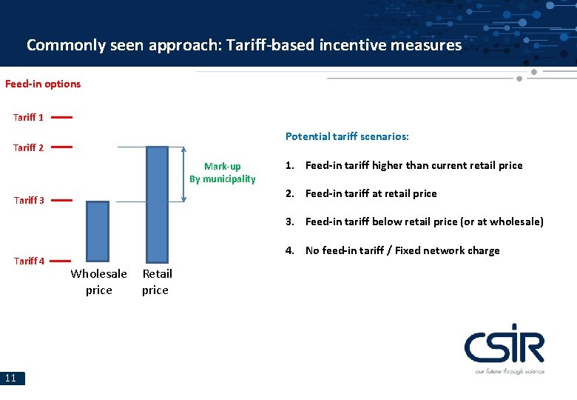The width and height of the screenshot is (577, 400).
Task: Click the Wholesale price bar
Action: pyautogui.click(x=98, y=230)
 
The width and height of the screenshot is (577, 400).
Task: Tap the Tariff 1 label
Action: pyautogui.click(x=28, y=117)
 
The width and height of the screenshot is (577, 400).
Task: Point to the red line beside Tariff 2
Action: pyautogui.click(x=61, y=147)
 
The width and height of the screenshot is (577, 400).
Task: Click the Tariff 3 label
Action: pyautogui.click(x=28, y=200)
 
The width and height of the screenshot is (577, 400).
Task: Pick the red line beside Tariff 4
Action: pyautogui.click(x=61, y=260)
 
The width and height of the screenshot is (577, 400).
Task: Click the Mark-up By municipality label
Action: pyautogui.click(x=222, y=173)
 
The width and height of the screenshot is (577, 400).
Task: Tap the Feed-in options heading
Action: pyautogui.click(x=43, y=84)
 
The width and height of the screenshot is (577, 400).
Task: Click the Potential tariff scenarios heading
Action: pyautogui.click(x=347, y=136)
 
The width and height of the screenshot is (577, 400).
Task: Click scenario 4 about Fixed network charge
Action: pyautogui.click(x=393, y=250)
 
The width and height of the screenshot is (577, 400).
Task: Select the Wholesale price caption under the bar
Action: pyautogui.click(x=98, y=281)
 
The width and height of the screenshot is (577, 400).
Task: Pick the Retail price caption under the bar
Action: pyautogui.click(x=156, y=281)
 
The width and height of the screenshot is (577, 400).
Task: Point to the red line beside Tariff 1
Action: pyautogui.click(x=61, y=116)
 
